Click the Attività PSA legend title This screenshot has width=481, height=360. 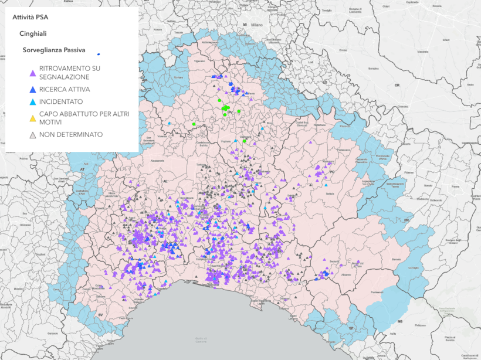pyautogui.click(x=31, y=17)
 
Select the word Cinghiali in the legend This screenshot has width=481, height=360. pyautogui.click(x=33, y=33)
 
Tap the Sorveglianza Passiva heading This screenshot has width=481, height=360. pyautogui.click(x=54, y=50)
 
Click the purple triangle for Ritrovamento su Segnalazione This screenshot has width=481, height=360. pyautogui.click(x=33, y=73)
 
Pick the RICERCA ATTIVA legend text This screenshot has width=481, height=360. pyautogui.click(x=65, y=90)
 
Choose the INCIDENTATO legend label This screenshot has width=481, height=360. pyautogui.click(x=61, y=101)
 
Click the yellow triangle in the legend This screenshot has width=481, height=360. pyautogui.click(x=33, y=118)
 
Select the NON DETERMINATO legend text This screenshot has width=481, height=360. pyautogui.click(x=71, y=134)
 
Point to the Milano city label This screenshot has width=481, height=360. pyautogui.click(x=257, y=26)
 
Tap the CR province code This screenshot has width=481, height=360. pyautogui.click(x=397, y=86)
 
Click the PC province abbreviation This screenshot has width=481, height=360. pyautogui.click(x=331, y=172)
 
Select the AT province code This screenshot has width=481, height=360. pyautogui.click(x=83, y=169)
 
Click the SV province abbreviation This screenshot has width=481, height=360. pyautogui.click(x=100, y=315)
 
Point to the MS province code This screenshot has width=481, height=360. pyautogui.click(x=400, y=322)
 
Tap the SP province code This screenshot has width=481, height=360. pyautogui.click(x=351, y=328)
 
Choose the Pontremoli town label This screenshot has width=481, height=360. pyautogui.click(x=376, y=292)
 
